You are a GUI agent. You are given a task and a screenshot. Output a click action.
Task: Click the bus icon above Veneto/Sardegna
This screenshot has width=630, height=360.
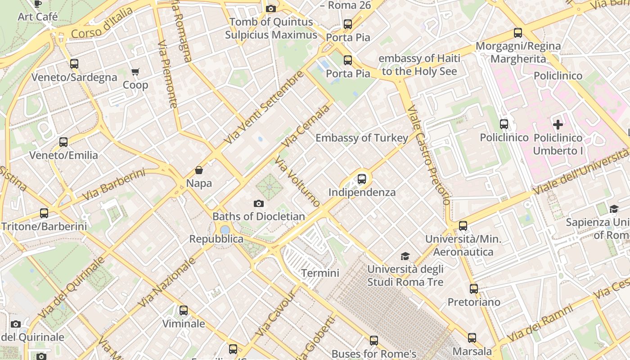point(74,64)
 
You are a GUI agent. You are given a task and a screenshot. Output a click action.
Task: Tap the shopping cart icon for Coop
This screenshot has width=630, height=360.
point(135,72)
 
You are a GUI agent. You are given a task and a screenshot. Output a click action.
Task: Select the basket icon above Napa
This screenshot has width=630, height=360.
point(199,170)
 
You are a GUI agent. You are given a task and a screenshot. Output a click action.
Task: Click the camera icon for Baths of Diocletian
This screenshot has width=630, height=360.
point(258,203)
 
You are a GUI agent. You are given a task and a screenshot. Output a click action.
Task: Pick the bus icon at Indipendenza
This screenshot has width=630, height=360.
point(361,179)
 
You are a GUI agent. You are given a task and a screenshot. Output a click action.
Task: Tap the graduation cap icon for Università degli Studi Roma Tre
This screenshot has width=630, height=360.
point(405,256)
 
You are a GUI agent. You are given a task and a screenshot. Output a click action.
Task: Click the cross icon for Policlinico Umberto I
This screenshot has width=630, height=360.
point(558,125)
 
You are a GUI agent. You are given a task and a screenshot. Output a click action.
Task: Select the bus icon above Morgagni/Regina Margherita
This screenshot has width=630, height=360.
point(518,33)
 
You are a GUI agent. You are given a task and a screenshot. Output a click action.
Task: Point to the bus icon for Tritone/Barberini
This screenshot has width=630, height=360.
point(44,213)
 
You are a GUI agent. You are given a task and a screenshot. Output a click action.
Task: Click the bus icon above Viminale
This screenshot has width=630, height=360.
point(183,310)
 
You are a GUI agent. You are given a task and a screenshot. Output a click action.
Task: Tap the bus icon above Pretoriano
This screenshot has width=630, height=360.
point(473,289)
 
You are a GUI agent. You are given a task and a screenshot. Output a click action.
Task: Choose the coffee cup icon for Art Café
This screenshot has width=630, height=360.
point(38,4)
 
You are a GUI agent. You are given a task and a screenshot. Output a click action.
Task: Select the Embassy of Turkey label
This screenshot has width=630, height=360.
point(362,138)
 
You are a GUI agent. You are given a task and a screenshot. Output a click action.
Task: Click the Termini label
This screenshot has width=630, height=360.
point(320,273)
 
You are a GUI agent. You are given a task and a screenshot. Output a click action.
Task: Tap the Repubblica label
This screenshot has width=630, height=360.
point(216,239)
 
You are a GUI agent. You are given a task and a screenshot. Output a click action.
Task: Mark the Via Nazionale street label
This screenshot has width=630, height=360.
point(167,282)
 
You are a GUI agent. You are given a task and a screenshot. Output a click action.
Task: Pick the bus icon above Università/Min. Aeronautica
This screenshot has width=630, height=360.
point(463,226)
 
